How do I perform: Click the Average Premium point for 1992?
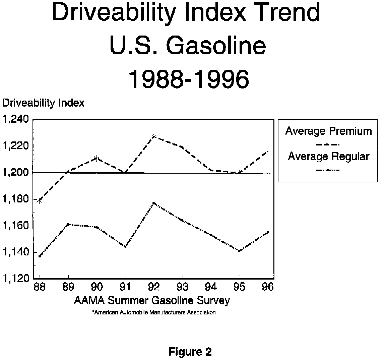[154, 136]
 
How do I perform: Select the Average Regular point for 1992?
[154, 203]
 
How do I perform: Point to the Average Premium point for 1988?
[40, 201]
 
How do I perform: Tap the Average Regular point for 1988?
[40, 256]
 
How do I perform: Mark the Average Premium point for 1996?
[268, 151]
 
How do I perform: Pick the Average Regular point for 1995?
[239, 251]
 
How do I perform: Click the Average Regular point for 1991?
[125, 247]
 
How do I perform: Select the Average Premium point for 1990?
[97, 158]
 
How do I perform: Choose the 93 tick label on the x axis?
[182, 287]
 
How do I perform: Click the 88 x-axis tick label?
[40, 287]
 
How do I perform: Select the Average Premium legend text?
[328, 131]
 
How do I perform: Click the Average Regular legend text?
[328, 157]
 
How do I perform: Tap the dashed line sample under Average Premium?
[328, 144]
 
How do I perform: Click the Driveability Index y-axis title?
[43, 103]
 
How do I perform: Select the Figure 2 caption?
[190, 352]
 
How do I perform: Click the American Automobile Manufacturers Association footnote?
[154, 312]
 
